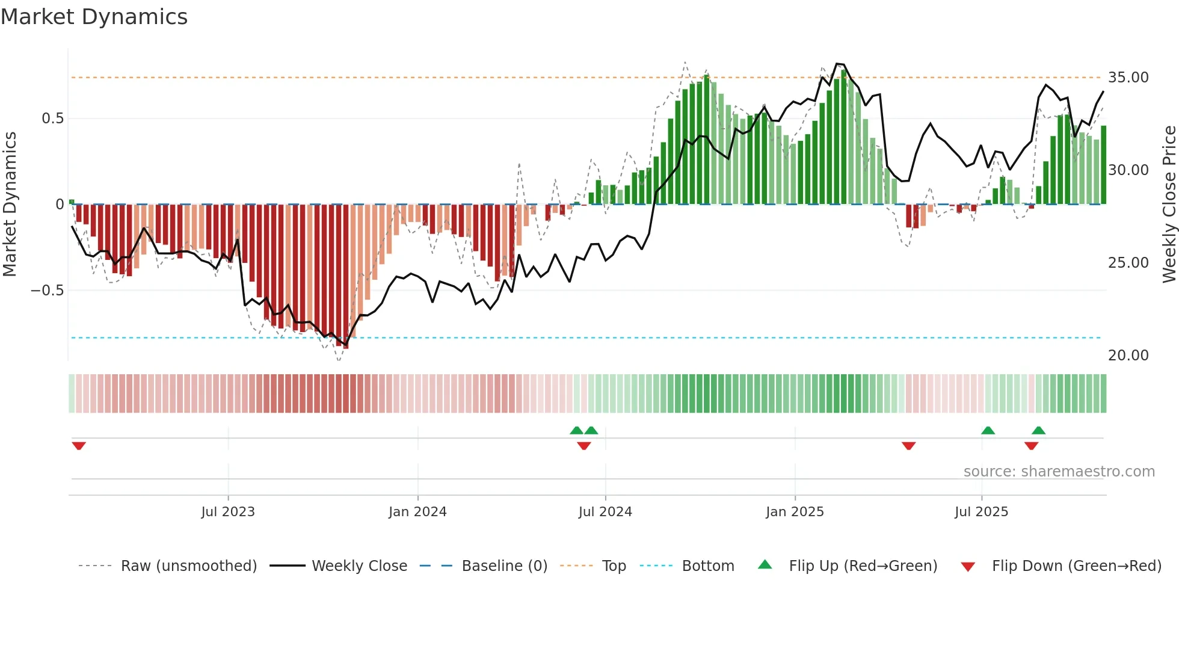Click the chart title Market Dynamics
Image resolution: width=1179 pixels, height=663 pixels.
click(x=94, y=17)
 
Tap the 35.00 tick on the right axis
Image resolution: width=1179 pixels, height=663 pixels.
click(x=1128, y=78)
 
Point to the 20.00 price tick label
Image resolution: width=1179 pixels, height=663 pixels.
click(x=1128, y=356)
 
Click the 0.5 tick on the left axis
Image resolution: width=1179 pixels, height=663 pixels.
click(x=52, y=119)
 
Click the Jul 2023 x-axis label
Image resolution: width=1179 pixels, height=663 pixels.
click(x=228, y=512)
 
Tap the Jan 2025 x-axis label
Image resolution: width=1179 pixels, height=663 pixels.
click(x=795, y=512)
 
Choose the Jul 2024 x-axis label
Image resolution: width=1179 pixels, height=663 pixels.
click(x=605, y=512)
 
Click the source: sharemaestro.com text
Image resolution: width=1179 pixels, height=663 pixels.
click(x=1059, y=472)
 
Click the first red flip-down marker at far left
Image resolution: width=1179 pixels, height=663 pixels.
click(x=79, y=446)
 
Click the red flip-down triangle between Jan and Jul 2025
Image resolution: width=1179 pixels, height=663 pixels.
click(x=908, y=446)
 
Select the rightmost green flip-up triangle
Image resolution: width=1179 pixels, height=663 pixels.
click(x=1038, y=430)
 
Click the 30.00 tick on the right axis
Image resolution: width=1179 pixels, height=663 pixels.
click(x=1128, y=170)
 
